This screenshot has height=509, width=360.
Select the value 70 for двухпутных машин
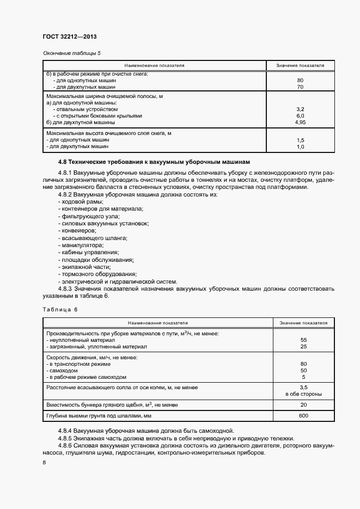pos(300,87)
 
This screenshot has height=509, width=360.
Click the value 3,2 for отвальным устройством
pos(300,109)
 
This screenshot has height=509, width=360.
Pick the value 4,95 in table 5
pos(300,122)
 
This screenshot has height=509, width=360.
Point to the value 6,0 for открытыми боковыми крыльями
pos(300,116)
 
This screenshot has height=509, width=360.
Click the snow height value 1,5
pos(300,140)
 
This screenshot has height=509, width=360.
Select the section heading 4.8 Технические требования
pos(154,162)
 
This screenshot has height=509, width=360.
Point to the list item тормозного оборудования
pos(99,274)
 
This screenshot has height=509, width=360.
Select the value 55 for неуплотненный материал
pos(303,340)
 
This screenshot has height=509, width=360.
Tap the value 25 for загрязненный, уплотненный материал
pos(303,346)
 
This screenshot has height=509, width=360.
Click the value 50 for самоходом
pos(303,370)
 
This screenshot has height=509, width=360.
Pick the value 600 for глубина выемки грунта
pos(303,416)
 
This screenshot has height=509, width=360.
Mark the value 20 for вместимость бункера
pos(303,405)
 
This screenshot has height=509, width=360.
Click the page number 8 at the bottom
pos(44,462)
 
